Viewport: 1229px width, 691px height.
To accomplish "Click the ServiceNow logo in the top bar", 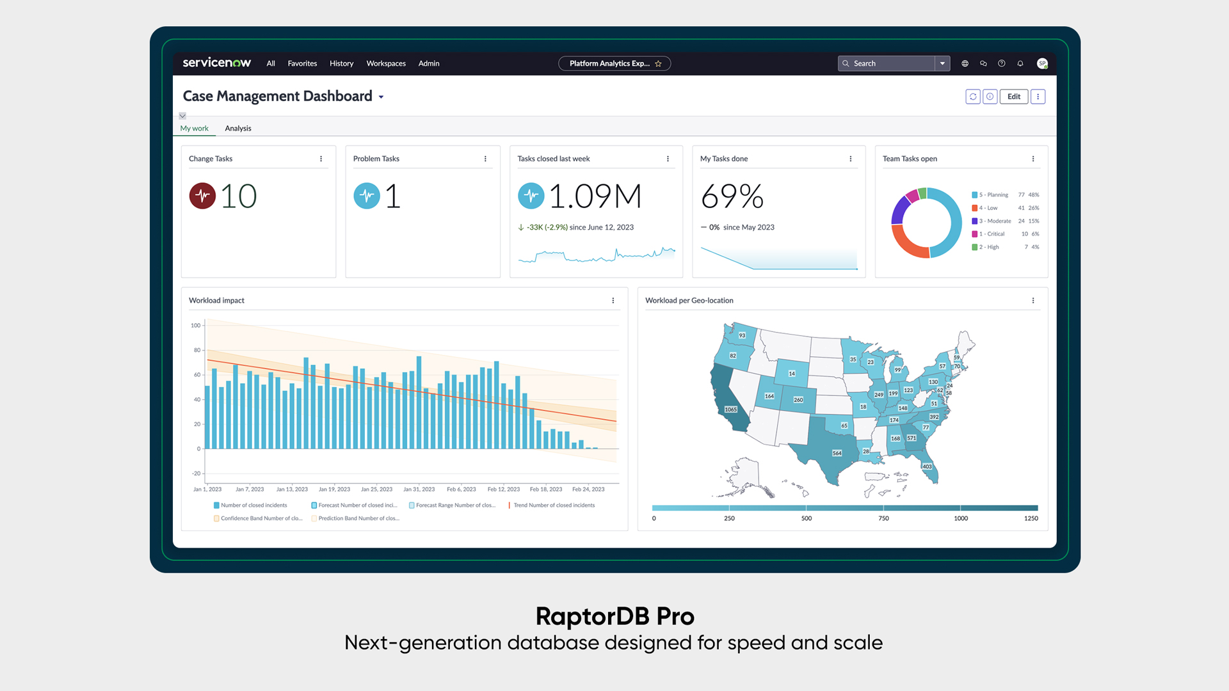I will [x=216, y=63].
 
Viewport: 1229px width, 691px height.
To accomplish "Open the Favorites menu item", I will [x=302, y=63].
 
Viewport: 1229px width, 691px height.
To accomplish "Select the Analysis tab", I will [x=238, y=129].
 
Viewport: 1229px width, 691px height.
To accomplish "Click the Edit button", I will [x=1014, y=97].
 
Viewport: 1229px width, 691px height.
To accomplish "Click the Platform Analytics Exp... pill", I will [x=609, y=63].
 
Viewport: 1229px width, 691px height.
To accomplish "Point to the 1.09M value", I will [x=595, y=196].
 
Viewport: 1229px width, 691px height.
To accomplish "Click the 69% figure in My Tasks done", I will [x=732, y=196].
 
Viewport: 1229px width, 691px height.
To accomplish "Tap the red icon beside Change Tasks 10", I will [x=202, y=196].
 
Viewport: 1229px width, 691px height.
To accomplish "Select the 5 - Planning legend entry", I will [x=993, y=195].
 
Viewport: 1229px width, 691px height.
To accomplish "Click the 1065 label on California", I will [x=730, y=409].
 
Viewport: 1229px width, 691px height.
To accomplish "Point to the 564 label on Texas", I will [x=837, y=453].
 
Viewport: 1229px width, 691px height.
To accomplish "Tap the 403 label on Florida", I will [x=927, y=466].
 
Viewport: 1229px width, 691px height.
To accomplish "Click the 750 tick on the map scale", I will [x=883, y=518].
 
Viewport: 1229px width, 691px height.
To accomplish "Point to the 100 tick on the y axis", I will [x=195, y=326].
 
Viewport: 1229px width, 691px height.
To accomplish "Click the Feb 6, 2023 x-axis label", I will [x=461, y=489].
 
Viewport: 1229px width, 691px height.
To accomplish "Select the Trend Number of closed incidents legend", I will [x=554, y=505].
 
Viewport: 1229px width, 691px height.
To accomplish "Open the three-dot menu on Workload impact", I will [x=613, y=301].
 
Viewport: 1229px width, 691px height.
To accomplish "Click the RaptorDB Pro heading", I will [x=614, y=616].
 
